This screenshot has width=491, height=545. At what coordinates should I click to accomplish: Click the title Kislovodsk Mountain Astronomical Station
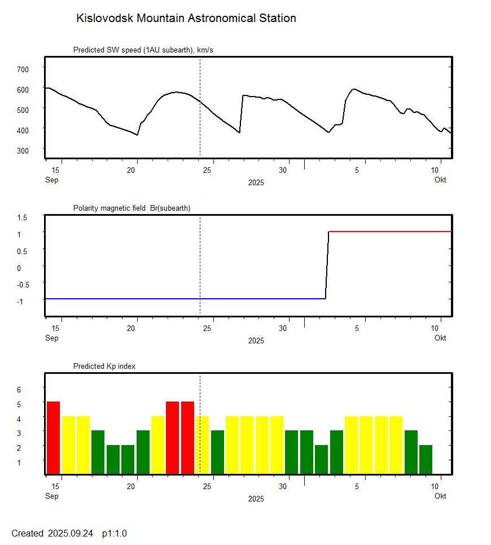click(x=186, y=19)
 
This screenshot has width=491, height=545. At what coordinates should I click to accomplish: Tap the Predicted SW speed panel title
click(x=143, y=50)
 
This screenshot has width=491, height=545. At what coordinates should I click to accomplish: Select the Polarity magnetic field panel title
click(x=131, y=208)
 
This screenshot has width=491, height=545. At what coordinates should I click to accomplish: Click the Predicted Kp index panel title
click(x=104, y=367)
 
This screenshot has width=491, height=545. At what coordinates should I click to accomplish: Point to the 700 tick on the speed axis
click(x=23, y=69)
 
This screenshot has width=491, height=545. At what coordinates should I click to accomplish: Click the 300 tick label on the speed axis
click(x=23, y=150)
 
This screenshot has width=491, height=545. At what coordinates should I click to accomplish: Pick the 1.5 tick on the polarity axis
click(x=23, y=217)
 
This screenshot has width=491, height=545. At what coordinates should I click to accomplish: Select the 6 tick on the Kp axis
click(x=19, y=390)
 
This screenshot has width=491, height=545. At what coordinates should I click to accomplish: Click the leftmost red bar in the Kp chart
click(x=53, y=438)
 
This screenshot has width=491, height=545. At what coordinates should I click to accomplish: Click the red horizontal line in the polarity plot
click(x=389, y=232)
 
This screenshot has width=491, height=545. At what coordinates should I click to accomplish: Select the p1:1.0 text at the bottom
click(x=115, y=534)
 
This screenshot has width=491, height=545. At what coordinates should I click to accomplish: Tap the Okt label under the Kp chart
click(x=440, y=496)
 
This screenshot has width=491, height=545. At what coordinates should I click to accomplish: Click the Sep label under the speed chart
click(x=51, y=180)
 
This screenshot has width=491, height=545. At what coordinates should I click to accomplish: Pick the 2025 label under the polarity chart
click(x=256, y=341)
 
